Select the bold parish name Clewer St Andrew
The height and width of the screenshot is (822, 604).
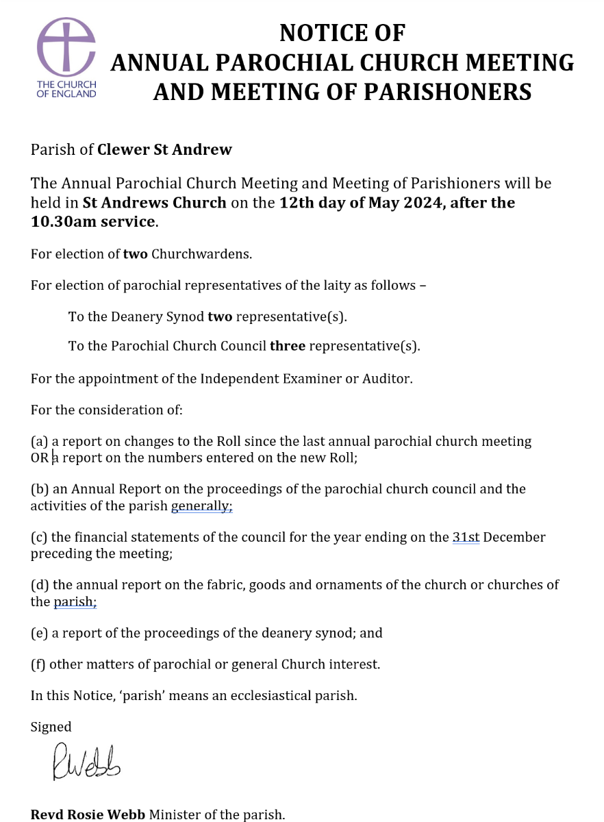164,149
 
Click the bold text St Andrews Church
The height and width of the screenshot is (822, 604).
154,203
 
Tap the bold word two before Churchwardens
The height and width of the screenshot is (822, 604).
135,254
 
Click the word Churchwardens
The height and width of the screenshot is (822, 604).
201,254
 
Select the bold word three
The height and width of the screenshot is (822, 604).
288,346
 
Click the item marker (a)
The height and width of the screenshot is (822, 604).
40,442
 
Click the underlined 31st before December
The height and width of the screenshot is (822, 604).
466,537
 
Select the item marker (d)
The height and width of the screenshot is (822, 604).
40,585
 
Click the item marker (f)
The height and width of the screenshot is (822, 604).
39,664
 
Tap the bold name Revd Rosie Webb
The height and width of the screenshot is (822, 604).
88,814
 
